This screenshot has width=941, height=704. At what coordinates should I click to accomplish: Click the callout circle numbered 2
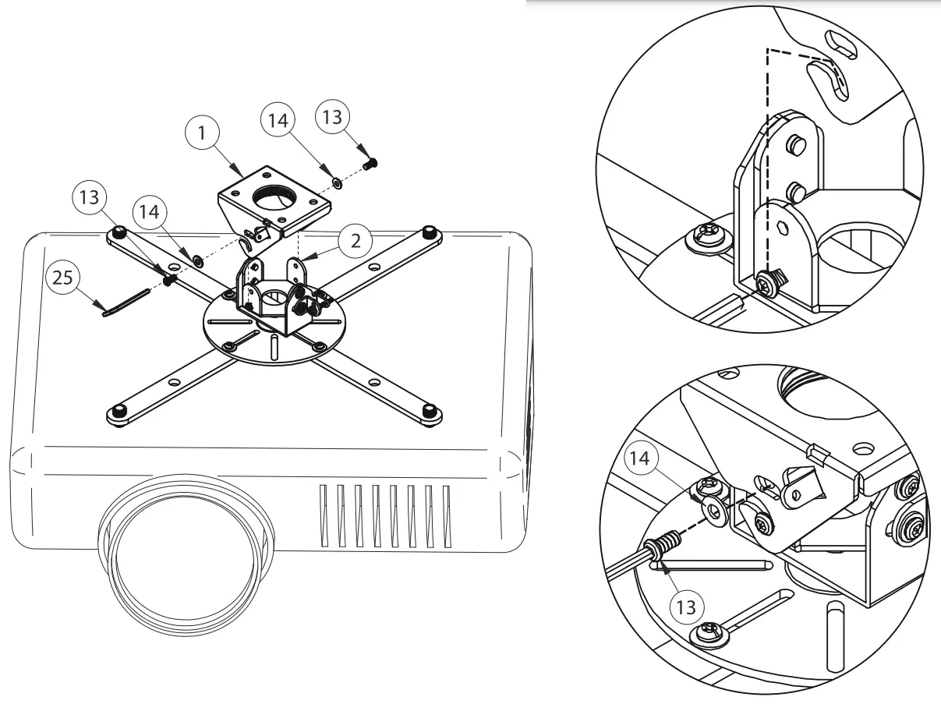click(x=356, y=240)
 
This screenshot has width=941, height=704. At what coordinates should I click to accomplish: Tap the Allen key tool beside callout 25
click(x=126, y=302)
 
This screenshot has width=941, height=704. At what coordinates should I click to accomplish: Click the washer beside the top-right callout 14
click(x=335, y=182)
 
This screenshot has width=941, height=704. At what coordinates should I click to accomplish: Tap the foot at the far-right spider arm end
click(x=427, y=232)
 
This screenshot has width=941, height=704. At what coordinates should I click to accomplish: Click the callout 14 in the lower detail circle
click(x=639, y=459)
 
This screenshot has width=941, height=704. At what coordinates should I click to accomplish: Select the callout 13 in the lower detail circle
click(x=686, y=605)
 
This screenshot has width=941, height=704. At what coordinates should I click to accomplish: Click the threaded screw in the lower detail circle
click(x=661, y=543)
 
